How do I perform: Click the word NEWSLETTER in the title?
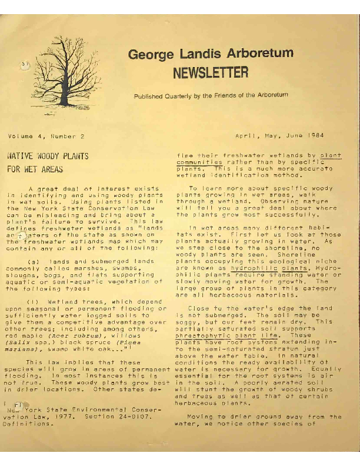point(210,73)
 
